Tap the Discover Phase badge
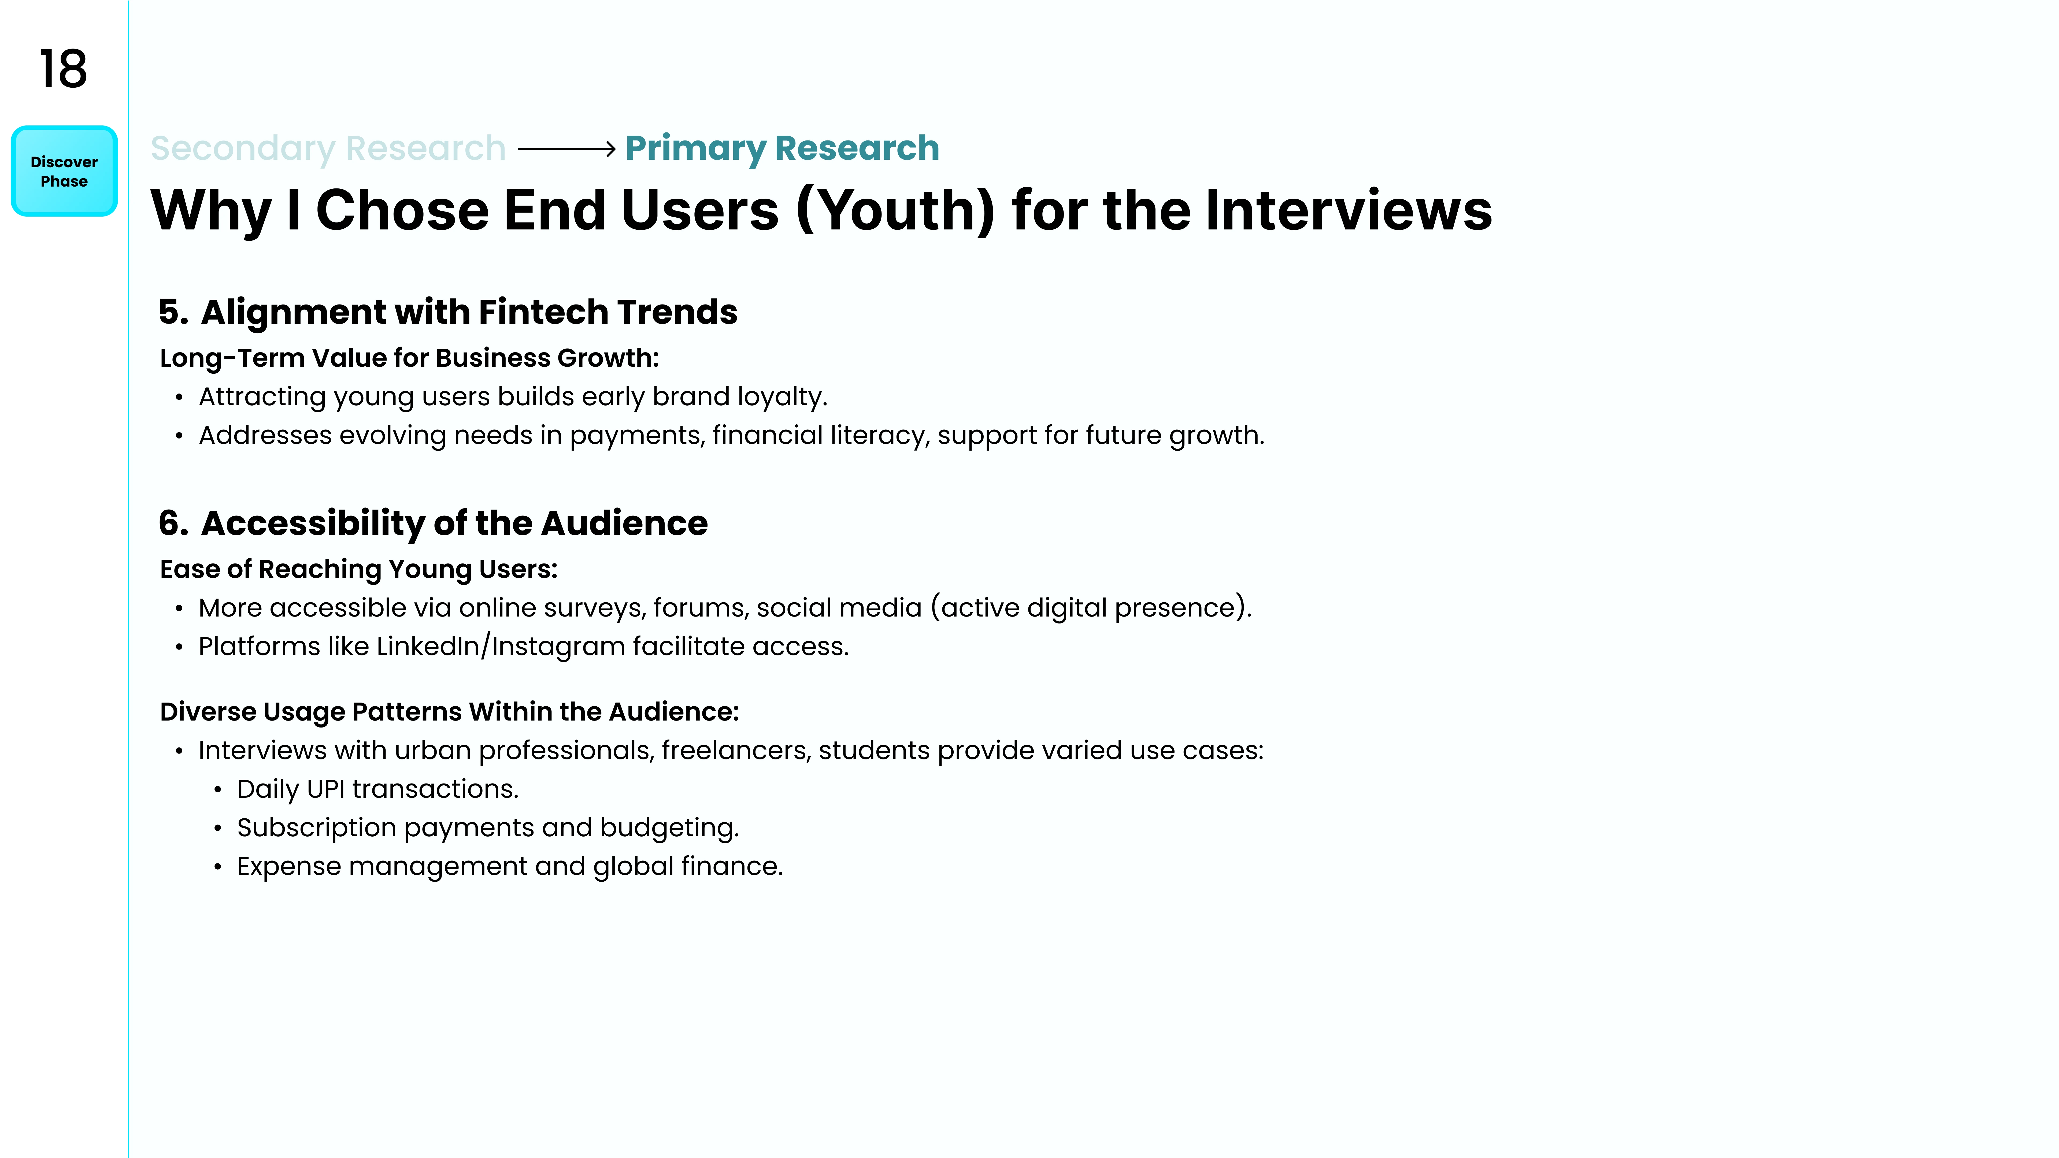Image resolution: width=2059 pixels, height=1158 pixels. tap(64, 171)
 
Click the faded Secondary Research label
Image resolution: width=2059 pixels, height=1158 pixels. tap(328, 149)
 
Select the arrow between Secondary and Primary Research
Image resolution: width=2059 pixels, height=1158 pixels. tap(567, 149)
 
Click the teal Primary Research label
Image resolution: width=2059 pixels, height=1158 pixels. tap(782, 149)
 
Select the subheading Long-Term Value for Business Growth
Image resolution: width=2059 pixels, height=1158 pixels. tap(409, 358)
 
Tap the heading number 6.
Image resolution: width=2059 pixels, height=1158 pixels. tap(173, 524)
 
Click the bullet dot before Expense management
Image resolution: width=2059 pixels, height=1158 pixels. tap(217, 867)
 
